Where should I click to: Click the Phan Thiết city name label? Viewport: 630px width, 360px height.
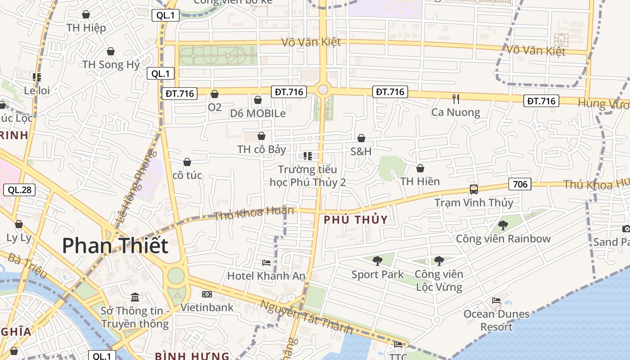coord(115,246)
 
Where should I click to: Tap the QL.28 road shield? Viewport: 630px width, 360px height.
coord(19,190)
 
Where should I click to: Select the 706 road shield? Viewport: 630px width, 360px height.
coord(520,184)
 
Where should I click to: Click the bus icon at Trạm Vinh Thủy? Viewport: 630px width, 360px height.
coord(473,189)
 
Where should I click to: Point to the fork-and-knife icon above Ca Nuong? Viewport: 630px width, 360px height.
coord(456,99)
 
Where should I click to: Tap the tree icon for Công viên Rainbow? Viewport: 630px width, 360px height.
coord(503,225)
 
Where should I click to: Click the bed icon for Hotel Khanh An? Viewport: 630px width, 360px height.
coord(266,262)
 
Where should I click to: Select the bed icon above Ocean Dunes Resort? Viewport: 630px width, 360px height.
coord(496,300)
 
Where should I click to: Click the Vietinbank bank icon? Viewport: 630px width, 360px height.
coord(207,294)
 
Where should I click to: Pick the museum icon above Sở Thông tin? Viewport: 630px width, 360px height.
coord(135,297)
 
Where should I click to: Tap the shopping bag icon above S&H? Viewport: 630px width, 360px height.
coord(361,138)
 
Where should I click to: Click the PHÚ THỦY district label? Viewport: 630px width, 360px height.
coord(355,220)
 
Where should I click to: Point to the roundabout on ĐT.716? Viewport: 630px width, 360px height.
coord(323,90)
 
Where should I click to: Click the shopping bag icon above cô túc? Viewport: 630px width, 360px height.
coord(187,162)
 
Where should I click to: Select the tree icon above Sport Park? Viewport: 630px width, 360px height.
coord(378,261)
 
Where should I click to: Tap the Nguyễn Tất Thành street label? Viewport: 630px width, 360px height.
coord(306,317)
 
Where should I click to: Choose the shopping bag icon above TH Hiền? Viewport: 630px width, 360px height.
coord(420,168)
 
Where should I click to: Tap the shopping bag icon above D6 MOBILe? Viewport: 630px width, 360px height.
coord(258,100)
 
